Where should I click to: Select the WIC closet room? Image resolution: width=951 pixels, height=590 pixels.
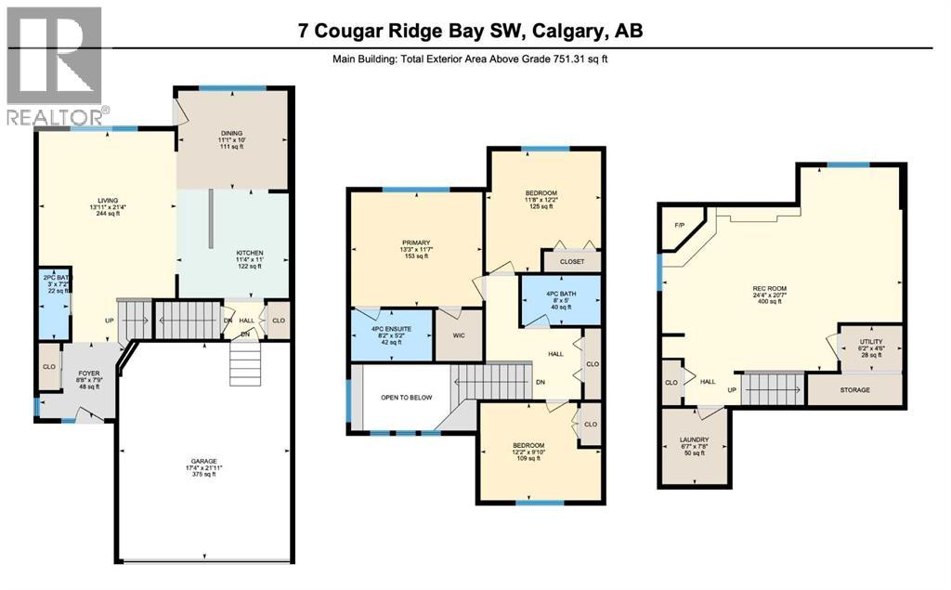point(457,334)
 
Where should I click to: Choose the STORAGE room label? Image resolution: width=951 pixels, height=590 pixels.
point(854,390)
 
